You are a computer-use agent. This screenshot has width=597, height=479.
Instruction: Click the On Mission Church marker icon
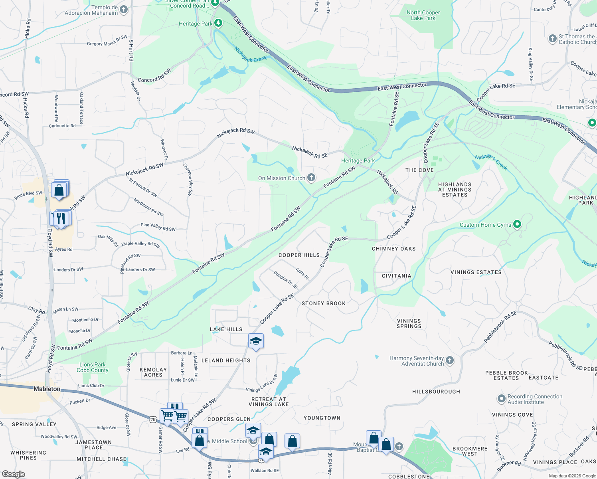[311, 178]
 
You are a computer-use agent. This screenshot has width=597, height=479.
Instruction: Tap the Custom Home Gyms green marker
[517, 224]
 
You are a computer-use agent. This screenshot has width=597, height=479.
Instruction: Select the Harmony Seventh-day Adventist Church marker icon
[450, 360]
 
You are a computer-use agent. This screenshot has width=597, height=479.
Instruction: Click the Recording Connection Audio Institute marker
[502, 399]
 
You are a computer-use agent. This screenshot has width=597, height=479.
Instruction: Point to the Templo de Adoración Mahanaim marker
[124, 10]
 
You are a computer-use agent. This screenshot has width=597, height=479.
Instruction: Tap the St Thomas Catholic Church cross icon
[552, 39]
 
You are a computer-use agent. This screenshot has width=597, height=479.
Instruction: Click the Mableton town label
[47, 389]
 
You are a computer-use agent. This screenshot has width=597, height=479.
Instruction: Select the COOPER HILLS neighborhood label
[299, 255]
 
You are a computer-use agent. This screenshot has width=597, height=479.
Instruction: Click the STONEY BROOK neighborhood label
[324, 303]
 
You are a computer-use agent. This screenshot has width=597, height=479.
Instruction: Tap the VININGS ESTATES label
[476, 272]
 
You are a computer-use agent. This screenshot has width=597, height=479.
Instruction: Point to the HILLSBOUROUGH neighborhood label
[436, 392]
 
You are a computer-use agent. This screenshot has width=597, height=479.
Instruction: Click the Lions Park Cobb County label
[92, 367]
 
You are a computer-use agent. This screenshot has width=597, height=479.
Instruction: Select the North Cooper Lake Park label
[423, 15]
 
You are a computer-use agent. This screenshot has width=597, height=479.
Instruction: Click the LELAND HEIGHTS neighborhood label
[226, 360]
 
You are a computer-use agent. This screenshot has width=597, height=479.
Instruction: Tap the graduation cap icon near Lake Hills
[256, 341]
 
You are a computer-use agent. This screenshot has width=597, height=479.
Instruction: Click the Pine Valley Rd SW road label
[158, 227]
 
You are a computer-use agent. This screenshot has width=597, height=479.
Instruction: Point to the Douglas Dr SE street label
[286, 279]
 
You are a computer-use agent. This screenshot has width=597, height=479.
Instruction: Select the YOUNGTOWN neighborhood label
[322, 418]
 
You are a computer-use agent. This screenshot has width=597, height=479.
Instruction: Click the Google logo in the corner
[13, 474]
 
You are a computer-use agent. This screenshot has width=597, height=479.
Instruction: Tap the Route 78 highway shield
[152, 420]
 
